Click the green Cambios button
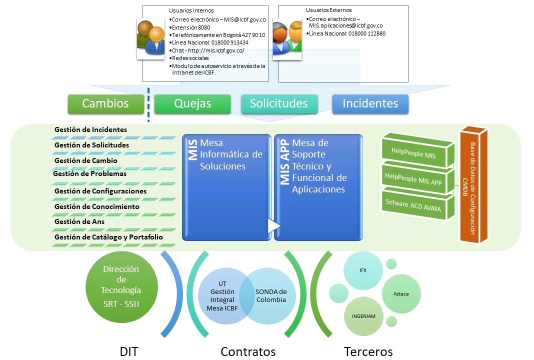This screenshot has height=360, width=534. [x=105, y=103]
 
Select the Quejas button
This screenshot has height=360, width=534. [x=192, y=103]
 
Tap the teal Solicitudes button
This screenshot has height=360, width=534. [x=279, y=103]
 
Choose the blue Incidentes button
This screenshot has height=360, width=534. [x=370, y=103]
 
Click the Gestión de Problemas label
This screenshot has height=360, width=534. [x=90, y=174]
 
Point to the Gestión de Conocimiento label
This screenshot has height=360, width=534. [x=97, y=206]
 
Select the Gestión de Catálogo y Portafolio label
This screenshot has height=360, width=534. [x=108, y=237]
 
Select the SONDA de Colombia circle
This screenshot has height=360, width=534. [x=270, y=296]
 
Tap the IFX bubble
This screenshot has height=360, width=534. [x=363, y=270]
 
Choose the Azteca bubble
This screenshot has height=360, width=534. [x=401, y=294]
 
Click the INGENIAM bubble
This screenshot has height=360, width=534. [x=363, y=316]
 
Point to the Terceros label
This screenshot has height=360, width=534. [x=368, y=351]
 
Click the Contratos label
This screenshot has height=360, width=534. [x=248, y=351]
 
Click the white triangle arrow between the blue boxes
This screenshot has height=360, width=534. [x=274, y=225]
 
